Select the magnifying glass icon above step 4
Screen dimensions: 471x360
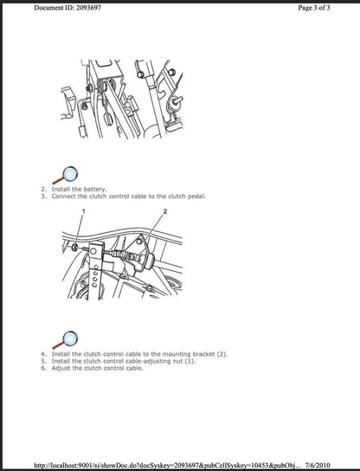point(63,339)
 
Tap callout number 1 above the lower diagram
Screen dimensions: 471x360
point(84,212)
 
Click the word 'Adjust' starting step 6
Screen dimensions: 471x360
point(61,368)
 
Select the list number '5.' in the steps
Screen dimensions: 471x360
point(43,361)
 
